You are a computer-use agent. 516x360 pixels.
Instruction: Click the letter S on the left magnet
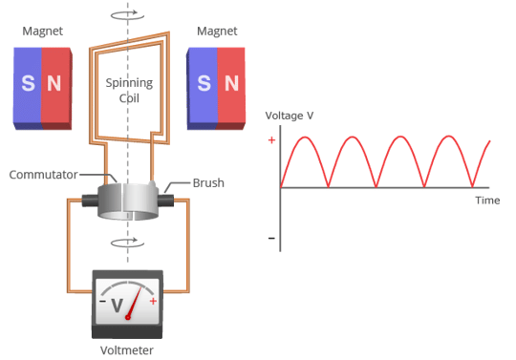[28, 84]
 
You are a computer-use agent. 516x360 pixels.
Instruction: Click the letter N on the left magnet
[54, 84]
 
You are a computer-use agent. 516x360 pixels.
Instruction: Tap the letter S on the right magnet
[203, 84]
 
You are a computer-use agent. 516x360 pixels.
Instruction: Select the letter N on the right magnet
[229, 84]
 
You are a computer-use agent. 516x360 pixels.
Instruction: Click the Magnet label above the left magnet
[41, 31]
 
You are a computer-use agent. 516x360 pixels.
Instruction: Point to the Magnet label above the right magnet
[216, 31]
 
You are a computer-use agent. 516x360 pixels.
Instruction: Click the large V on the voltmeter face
[117, 306]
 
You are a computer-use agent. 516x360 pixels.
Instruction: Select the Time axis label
[487, 201]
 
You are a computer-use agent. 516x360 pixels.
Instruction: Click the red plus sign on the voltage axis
[271, 140]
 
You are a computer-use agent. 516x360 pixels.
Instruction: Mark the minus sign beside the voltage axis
[271, 237]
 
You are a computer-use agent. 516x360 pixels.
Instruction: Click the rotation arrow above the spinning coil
[129, 15]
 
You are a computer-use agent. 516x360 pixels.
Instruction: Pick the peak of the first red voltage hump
[305, 137]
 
